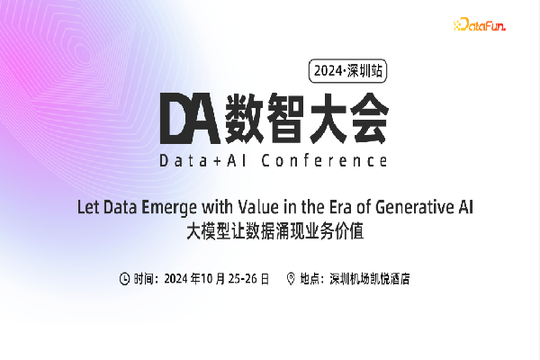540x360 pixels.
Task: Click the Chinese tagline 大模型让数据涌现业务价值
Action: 279,230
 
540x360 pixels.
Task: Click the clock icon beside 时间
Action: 124,278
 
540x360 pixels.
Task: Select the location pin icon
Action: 291,278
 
